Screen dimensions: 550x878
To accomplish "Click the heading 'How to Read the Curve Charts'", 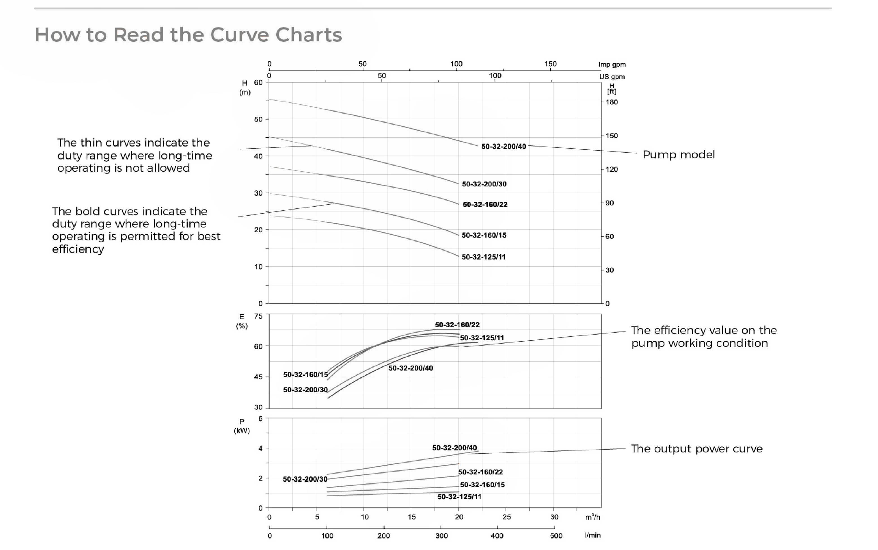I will point(188,35).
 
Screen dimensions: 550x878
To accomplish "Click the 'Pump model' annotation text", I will point(678,155).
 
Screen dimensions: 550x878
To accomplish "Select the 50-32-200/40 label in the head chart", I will point(503,146).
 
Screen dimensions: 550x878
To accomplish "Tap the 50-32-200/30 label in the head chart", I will point(484,184).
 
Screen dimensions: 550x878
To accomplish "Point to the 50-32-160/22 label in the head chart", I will point(485,204).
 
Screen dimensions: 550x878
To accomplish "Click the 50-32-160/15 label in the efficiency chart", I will point(305,374).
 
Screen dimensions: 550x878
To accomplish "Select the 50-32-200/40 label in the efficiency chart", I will point(410,368).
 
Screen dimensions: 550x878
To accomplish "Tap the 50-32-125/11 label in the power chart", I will point(459,497).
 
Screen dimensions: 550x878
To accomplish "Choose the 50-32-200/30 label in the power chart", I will point(305,479).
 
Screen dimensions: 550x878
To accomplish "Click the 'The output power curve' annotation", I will point(696,448).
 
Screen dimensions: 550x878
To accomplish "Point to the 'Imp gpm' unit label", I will point(612,64).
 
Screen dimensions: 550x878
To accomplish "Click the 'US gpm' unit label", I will point(612,77).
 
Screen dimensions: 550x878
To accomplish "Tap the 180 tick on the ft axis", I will point(611,102).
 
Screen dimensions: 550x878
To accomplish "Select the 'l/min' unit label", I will point(592,535).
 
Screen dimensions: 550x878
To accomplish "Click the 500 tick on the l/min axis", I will point(556,535).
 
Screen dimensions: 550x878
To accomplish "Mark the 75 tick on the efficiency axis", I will point(258,316).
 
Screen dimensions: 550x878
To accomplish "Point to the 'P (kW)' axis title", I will point(242,426).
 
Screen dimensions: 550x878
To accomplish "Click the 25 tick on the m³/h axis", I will point(506,517).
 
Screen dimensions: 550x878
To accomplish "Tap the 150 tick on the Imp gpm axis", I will point(550,64).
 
